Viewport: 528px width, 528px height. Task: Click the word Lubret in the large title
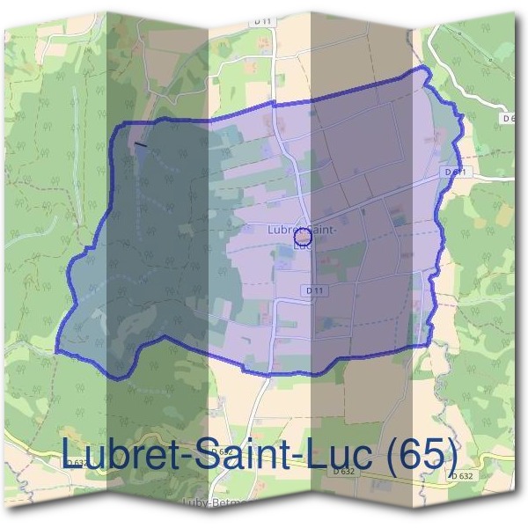tap(123, 454)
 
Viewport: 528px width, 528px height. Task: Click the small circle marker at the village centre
tap(303, 238)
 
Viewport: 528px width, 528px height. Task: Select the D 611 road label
tap(454, 171)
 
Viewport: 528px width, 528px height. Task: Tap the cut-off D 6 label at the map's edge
tap(508, 117)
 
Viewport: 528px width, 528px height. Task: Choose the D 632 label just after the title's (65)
tap(461, 475)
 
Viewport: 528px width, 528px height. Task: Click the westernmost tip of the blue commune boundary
tap(56, 351)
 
